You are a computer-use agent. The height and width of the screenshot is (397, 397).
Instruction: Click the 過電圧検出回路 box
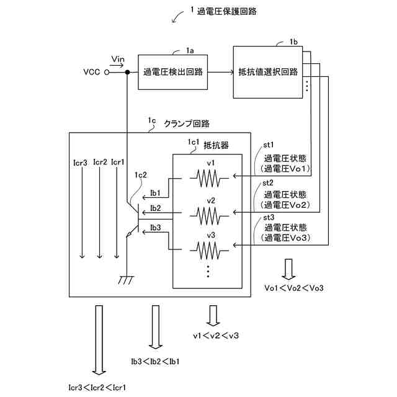(172, 72)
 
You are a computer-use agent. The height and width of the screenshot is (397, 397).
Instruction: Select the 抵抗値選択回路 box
(268, 72)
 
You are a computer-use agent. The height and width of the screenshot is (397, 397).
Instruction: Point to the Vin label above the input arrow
(117, 59)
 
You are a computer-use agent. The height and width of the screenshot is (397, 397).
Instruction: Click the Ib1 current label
(156, 194)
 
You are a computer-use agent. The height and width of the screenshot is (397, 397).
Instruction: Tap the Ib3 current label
(156, 228)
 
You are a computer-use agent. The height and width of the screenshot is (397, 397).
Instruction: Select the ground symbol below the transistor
(127, 280)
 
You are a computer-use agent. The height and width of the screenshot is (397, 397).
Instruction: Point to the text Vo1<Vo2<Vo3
(294, 288)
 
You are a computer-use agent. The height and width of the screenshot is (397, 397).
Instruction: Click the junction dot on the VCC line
(127, 73)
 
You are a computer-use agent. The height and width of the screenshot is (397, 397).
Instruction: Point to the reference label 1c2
(140, 176)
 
